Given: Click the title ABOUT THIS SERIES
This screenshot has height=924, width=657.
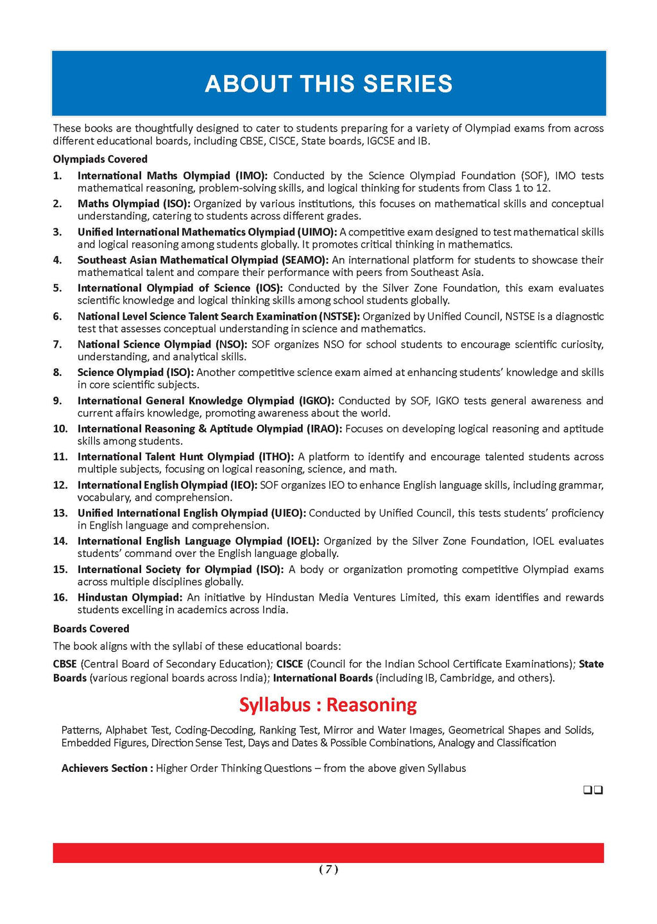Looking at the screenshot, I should tap(328, 84).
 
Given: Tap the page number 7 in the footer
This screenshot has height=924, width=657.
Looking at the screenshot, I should tap(328, 869).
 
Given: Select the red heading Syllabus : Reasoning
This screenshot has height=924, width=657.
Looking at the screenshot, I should tap(328, 705).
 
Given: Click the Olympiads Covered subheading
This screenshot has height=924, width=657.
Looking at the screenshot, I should tap(100, 159).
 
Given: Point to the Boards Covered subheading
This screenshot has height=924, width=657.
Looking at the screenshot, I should tap(91, 629).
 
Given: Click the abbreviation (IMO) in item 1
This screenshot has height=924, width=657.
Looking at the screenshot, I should tap(252, 176).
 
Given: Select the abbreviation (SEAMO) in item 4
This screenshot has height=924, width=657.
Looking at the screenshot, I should tap(305, 260).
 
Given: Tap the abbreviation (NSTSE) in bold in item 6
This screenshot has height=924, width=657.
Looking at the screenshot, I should tap(339, 316).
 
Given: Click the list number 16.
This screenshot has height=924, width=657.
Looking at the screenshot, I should tap(60, 597).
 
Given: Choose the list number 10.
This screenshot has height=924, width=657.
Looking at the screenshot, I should tap(60, 429).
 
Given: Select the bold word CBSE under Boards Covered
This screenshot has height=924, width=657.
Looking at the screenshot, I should tap(65, 664).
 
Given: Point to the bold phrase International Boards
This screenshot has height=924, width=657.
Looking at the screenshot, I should tap(323, 678).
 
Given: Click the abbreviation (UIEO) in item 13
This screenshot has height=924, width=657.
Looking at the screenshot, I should tap(289, 513).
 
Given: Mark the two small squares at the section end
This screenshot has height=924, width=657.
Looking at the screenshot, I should tap(593, 791).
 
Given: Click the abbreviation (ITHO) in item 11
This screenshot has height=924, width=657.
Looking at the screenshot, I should tap(276, 457).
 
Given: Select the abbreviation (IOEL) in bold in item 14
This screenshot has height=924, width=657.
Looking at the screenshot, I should tap(302, 541).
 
